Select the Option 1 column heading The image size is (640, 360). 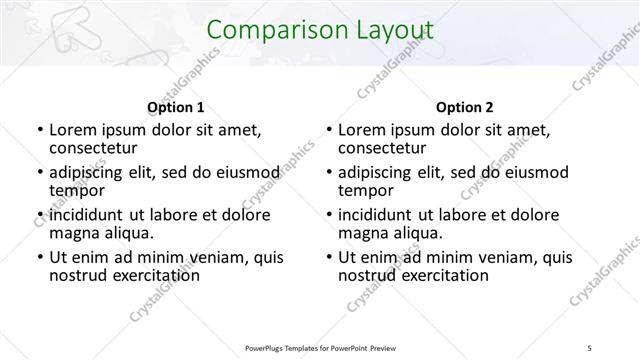pyautogui.click(x=176, y=107)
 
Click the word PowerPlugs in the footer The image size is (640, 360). pyautogui.click(x=268, y=347)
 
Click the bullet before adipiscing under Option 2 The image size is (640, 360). pyautogui.click(x=328, y=173)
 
